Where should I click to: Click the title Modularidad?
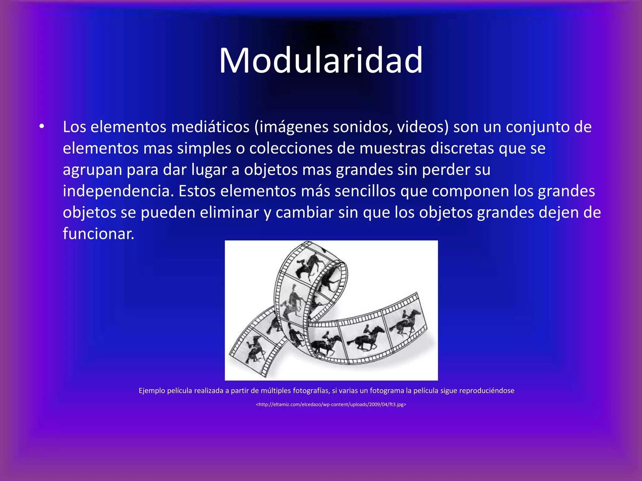pyautogui.click(x=321, y=60)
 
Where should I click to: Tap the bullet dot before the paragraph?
pyautogui.click(x=42, y=127)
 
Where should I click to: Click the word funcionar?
pyautogui.click(x=98, y=234)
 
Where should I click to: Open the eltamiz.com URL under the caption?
pyautogui.click(x=331, y=405)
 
